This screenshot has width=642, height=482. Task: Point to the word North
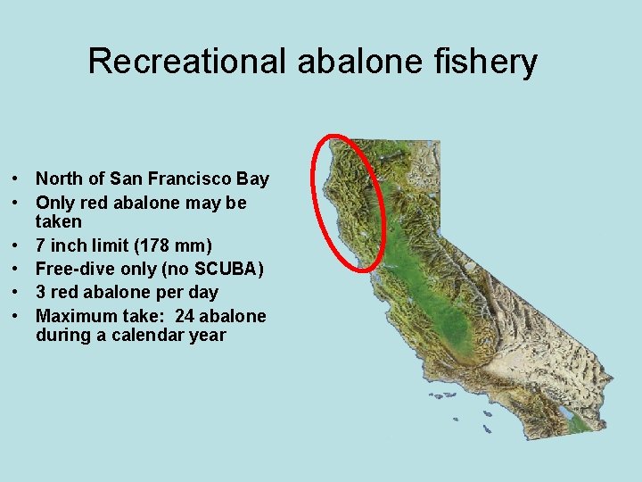point(59,179)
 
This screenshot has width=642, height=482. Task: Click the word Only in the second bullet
point(53,203)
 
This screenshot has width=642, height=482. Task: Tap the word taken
point(59,221)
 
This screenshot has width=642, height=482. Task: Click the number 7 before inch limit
point(41,245)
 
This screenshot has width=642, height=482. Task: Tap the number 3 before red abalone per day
point(41,292)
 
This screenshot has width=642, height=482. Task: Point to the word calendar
point(144,336)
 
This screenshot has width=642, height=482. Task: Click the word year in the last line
point(208,336)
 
